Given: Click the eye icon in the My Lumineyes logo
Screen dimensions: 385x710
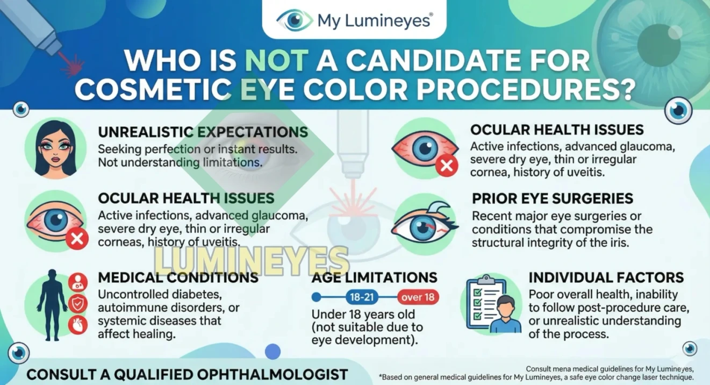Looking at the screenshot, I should tap(294, 21).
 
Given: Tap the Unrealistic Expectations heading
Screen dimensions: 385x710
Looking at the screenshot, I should tap(203, 132).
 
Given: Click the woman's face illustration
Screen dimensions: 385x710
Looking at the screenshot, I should tap(55, 148).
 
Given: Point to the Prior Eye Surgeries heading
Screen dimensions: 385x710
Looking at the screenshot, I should tap(553, 198).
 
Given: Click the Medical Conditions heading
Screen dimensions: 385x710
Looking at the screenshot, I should tap(178, 278).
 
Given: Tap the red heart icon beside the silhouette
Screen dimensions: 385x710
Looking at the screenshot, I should tap(78, 325).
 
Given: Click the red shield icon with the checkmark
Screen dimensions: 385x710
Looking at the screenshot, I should tap(78, 303).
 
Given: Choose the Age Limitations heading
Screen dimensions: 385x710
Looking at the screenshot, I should tap(374, 278).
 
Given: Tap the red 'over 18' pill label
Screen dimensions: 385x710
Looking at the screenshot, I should tap(418, 297).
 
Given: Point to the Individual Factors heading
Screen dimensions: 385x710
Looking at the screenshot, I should tap(606, 278).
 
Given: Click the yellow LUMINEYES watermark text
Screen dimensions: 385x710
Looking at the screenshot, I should tap(252, 261).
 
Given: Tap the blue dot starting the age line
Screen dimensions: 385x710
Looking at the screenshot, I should tap(316, 297).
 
